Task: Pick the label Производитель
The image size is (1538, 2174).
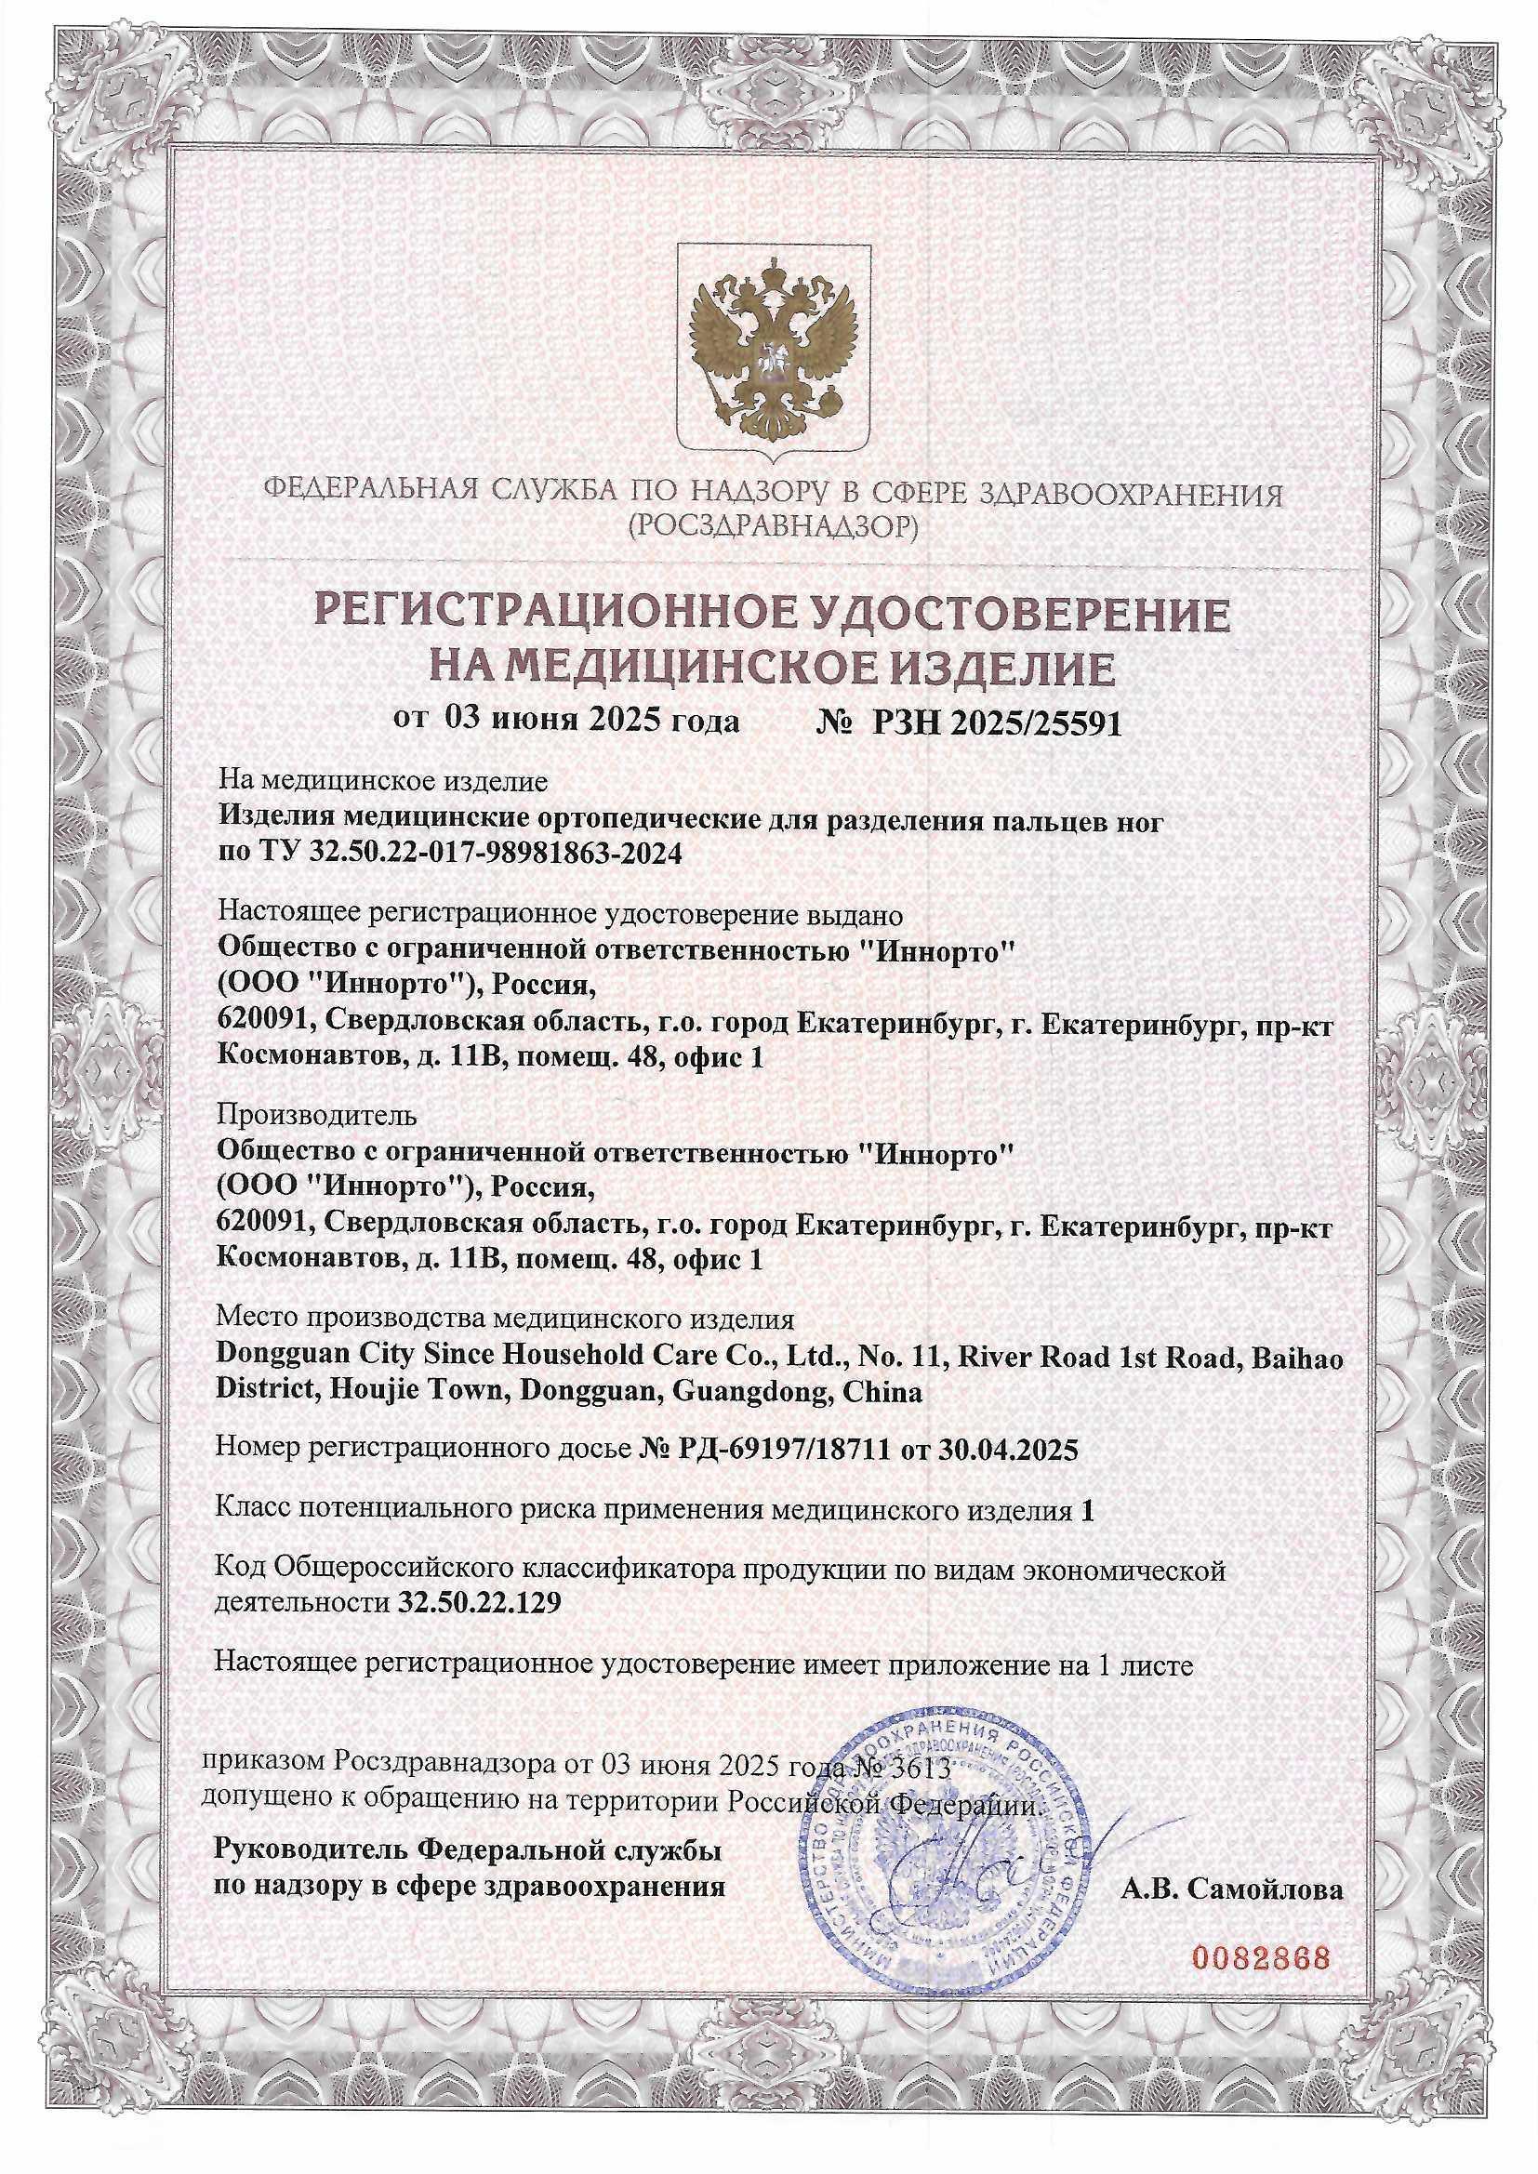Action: (315, 1115)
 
